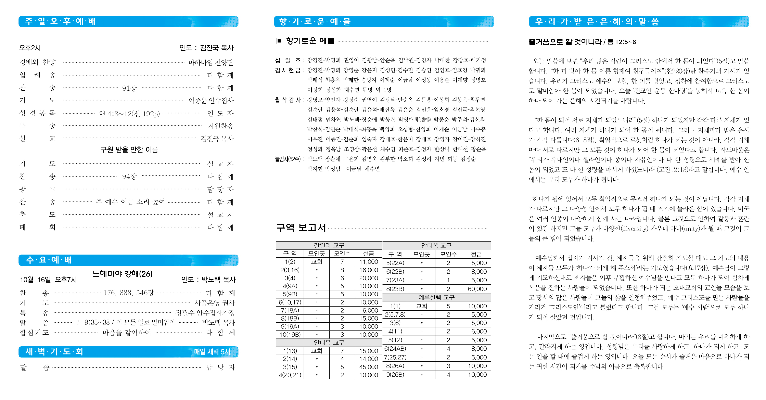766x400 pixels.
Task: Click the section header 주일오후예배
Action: point(60,21)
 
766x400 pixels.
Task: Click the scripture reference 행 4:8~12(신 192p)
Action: point(129,114)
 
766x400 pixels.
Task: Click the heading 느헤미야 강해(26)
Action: point(122,274)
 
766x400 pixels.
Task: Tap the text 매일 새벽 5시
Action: point(212,352)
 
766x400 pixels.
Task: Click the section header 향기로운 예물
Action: point(315,21)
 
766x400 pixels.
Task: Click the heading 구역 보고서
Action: point(301,228)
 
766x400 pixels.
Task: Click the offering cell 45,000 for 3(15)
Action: point(368,367)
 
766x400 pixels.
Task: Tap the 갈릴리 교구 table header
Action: point(329,245)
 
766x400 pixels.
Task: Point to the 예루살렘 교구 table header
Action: point(436,297)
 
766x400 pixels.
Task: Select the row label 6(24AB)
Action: point(395,349)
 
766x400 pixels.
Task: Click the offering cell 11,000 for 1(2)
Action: point(368,262)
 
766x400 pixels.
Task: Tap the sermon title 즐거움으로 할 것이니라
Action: point(565,42)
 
